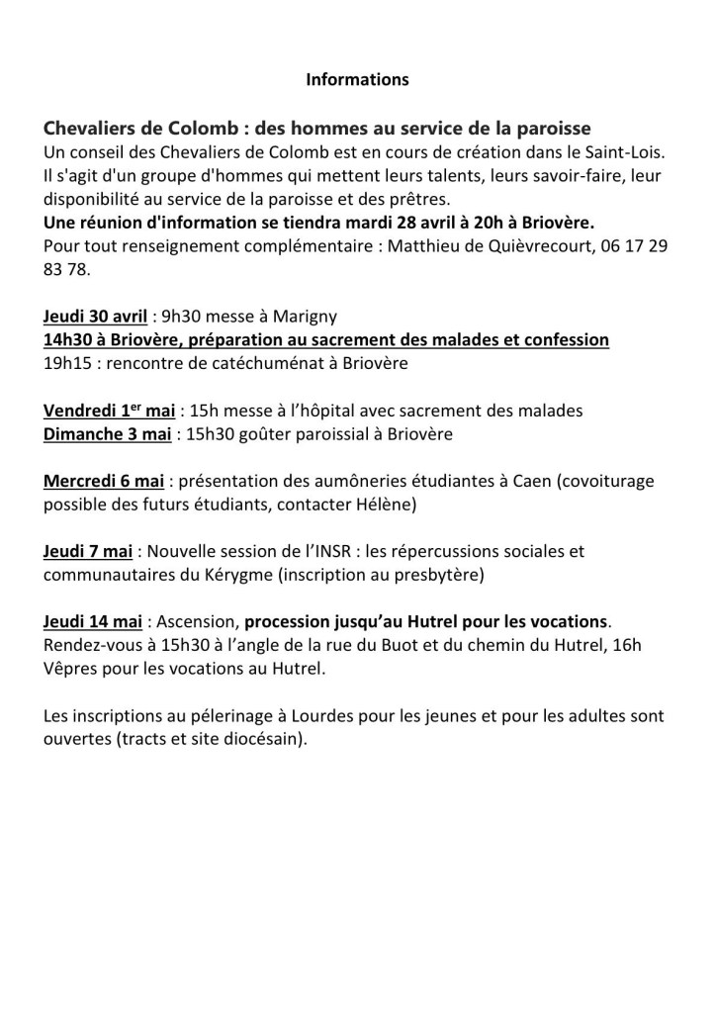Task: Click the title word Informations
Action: tap(357, 79)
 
